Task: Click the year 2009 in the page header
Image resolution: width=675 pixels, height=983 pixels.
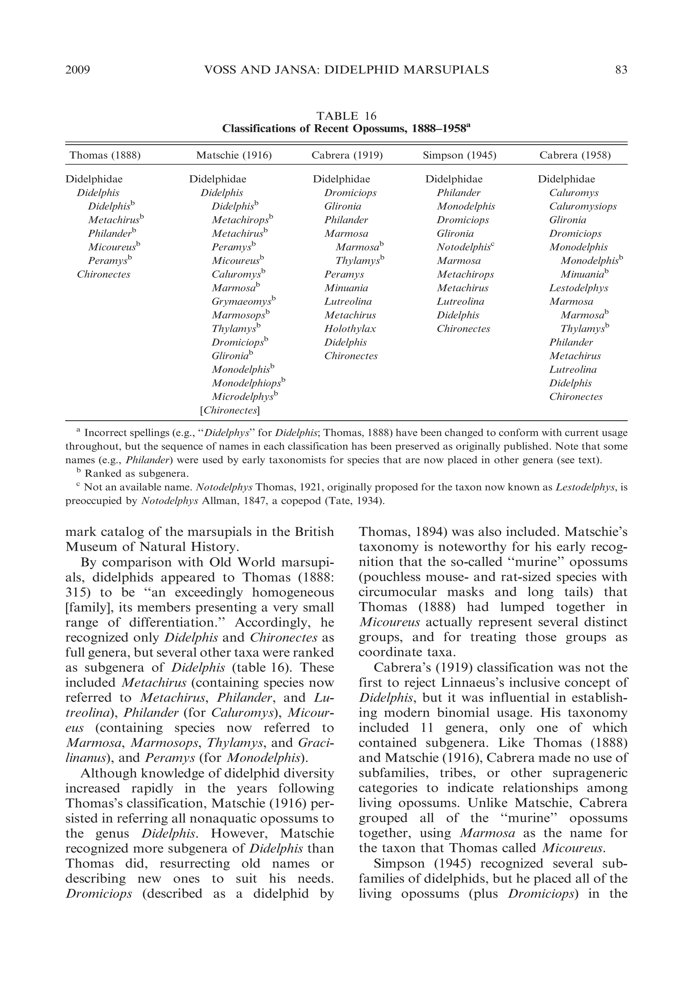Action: [x=78, y=70]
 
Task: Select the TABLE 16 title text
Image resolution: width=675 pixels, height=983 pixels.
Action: [x=346, y=115]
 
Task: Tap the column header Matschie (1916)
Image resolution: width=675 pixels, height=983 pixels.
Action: [x=234, y=155]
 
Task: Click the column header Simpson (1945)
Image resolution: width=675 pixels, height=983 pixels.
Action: [x=459, y=155]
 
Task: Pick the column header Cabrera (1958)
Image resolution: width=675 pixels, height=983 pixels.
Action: [x=575, y=155]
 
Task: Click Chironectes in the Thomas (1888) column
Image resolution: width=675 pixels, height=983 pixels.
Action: [x=103, y=274]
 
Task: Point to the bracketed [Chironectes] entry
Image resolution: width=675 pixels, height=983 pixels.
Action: [x=230, y=410]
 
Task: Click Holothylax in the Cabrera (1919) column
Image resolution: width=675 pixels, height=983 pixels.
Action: [x=350, y=329]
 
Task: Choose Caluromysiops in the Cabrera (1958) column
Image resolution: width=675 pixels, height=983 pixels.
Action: [x=583, y=207]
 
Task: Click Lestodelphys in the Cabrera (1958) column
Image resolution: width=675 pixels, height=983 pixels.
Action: [x=578, y=288]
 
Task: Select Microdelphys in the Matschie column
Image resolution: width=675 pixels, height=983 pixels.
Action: [x=243, y=397]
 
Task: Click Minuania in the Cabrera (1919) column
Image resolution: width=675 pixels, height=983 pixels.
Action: [x=346, y=288]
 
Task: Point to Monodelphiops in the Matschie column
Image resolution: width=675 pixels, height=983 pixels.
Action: [x=247, y=383]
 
